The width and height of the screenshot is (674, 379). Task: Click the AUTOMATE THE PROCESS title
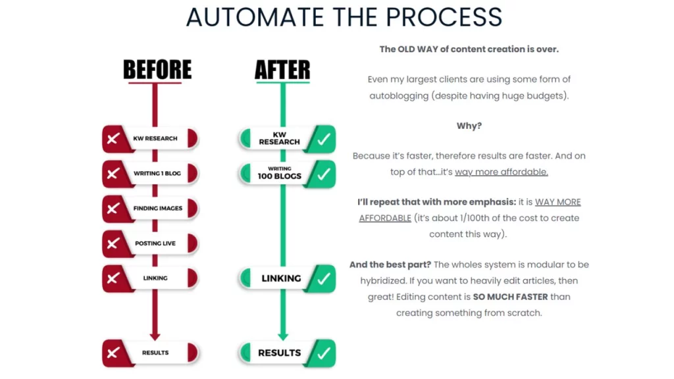[x=344, y=17]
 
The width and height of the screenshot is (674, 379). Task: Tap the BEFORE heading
[x=157, y=69]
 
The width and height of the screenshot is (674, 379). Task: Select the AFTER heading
[x=282, y=69]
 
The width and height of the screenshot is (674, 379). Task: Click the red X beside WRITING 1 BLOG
[x=113, y=174]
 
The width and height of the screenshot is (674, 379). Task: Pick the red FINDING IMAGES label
[x=158, y=209]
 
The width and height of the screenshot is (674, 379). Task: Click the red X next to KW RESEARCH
[x=113, y=139]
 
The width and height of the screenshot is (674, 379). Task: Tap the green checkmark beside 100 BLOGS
[x=323, y=174]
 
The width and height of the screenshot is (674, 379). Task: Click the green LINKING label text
[x=281, y=278]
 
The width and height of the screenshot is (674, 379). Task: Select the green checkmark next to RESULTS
[x=323, y=353]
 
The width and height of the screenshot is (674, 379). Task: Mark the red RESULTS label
[x=155, y=353]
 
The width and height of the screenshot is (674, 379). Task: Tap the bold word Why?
[x=469, y=126]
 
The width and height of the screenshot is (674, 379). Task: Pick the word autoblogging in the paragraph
[x=396, y=95]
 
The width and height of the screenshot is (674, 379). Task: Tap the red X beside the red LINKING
[x=113, y=278]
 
